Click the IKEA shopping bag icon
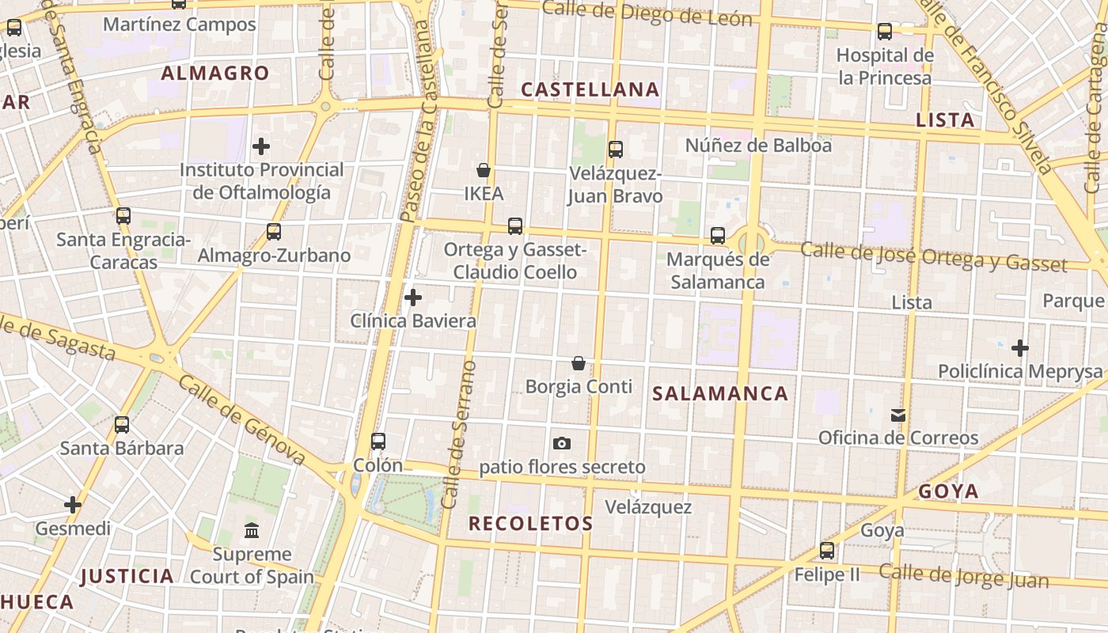pyautogui.click(x=484, y=170)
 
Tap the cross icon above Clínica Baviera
pyautogui.click(x=413, y=298)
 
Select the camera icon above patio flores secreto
pyautogui.click(x=562, y=443)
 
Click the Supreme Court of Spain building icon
pyautogui.click(x=252, y=530)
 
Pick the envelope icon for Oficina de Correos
pyautogui.click(x=897, y=415)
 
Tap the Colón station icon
pyautogui.click(x=378, y=442)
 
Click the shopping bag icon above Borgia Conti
pyautogui.click(x=579, y=363)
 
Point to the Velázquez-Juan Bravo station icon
pyautogui.click(x=615, y=149)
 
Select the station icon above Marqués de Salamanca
pyautogui.click(x=718, y=235)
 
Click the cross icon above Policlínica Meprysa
pyautogui.click(x=1020, y=347)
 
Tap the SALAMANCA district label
pyautogui.click(x=720, y=393)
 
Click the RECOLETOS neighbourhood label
pyautogui.click(x=530, y=523)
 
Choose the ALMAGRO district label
pyautogui.click(x=215, y=74)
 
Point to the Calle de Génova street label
pyautogui.click(x=241, y=419)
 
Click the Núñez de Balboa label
pyautogui.click(x=758, y=146)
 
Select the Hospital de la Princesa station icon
pyautogui.click(x=885, y=32)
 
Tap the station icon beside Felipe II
pyautogui.click(x=827, y=551)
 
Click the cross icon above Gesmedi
pyautogui.click(x=73, y=504)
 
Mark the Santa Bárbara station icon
pyautogui.click(x=122, y=425)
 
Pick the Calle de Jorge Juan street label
pyautogui.click(x=964, y=577)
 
